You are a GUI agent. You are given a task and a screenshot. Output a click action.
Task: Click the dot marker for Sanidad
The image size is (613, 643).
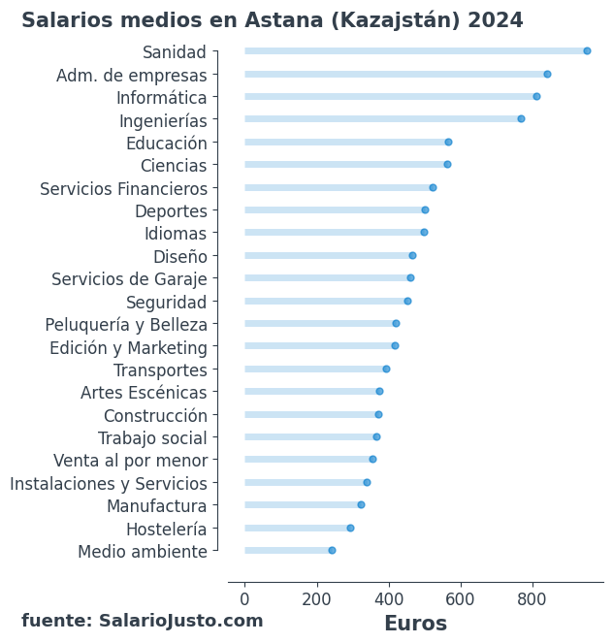coord(587,51)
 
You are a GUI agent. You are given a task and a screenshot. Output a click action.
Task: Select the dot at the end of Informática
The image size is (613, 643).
coord(536,96)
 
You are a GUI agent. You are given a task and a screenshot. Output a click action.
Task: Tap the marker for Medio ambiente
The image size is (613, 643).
coord(332,550)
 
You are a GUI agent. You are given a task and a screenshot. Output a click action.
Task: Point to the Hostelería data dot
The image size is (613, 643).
coord(350,528)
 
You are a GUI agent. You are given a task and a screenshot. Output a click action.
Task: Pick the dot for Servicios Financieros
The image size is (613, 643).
coord(433,187)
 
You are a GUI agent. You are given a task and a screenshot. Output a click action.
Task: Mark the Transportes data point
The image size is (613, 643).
coord(386,369)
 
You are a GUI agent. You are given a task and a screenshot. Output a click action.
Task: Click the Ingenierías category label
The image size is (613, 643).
coord(163,120)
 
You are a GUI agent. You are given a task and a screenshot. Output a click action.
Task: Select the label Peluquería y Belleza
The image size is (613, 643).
coord(126,324)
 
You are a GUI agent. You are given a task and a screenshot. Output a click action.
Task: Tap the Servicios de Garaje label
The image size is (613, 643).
coord(129,279)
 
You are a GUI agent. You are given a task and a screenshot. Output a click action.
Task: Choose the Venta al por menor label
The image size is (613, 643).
coord(130,461)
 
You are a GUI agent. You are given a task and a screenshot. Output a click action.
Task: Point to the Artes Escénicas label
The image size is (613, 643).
coord(144,393)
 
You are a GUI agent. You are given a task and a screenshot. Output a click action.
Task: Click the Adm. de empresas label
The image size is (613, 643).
coord(132,75)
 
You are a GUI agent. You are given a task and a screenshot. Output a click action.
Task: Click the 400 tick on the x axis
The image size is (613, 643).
coord(388,599)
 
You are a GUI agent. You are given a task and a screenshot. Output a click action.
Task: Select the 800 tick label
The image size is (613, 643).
coord(532,599)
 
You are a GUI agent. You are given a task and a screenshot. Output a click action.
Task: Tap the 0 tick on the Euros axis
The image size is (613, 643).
coord(244,599)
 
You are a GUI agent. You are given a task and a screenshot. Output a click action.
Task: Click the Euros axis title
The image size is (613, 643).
coord(415,624)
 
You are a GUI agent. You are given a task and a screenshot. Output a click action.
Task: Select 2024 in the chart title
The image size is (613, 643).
coord(496,20)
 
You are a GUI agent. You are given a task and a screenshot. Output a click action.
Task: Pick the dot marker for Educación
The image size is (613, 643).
coord(448,142)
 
